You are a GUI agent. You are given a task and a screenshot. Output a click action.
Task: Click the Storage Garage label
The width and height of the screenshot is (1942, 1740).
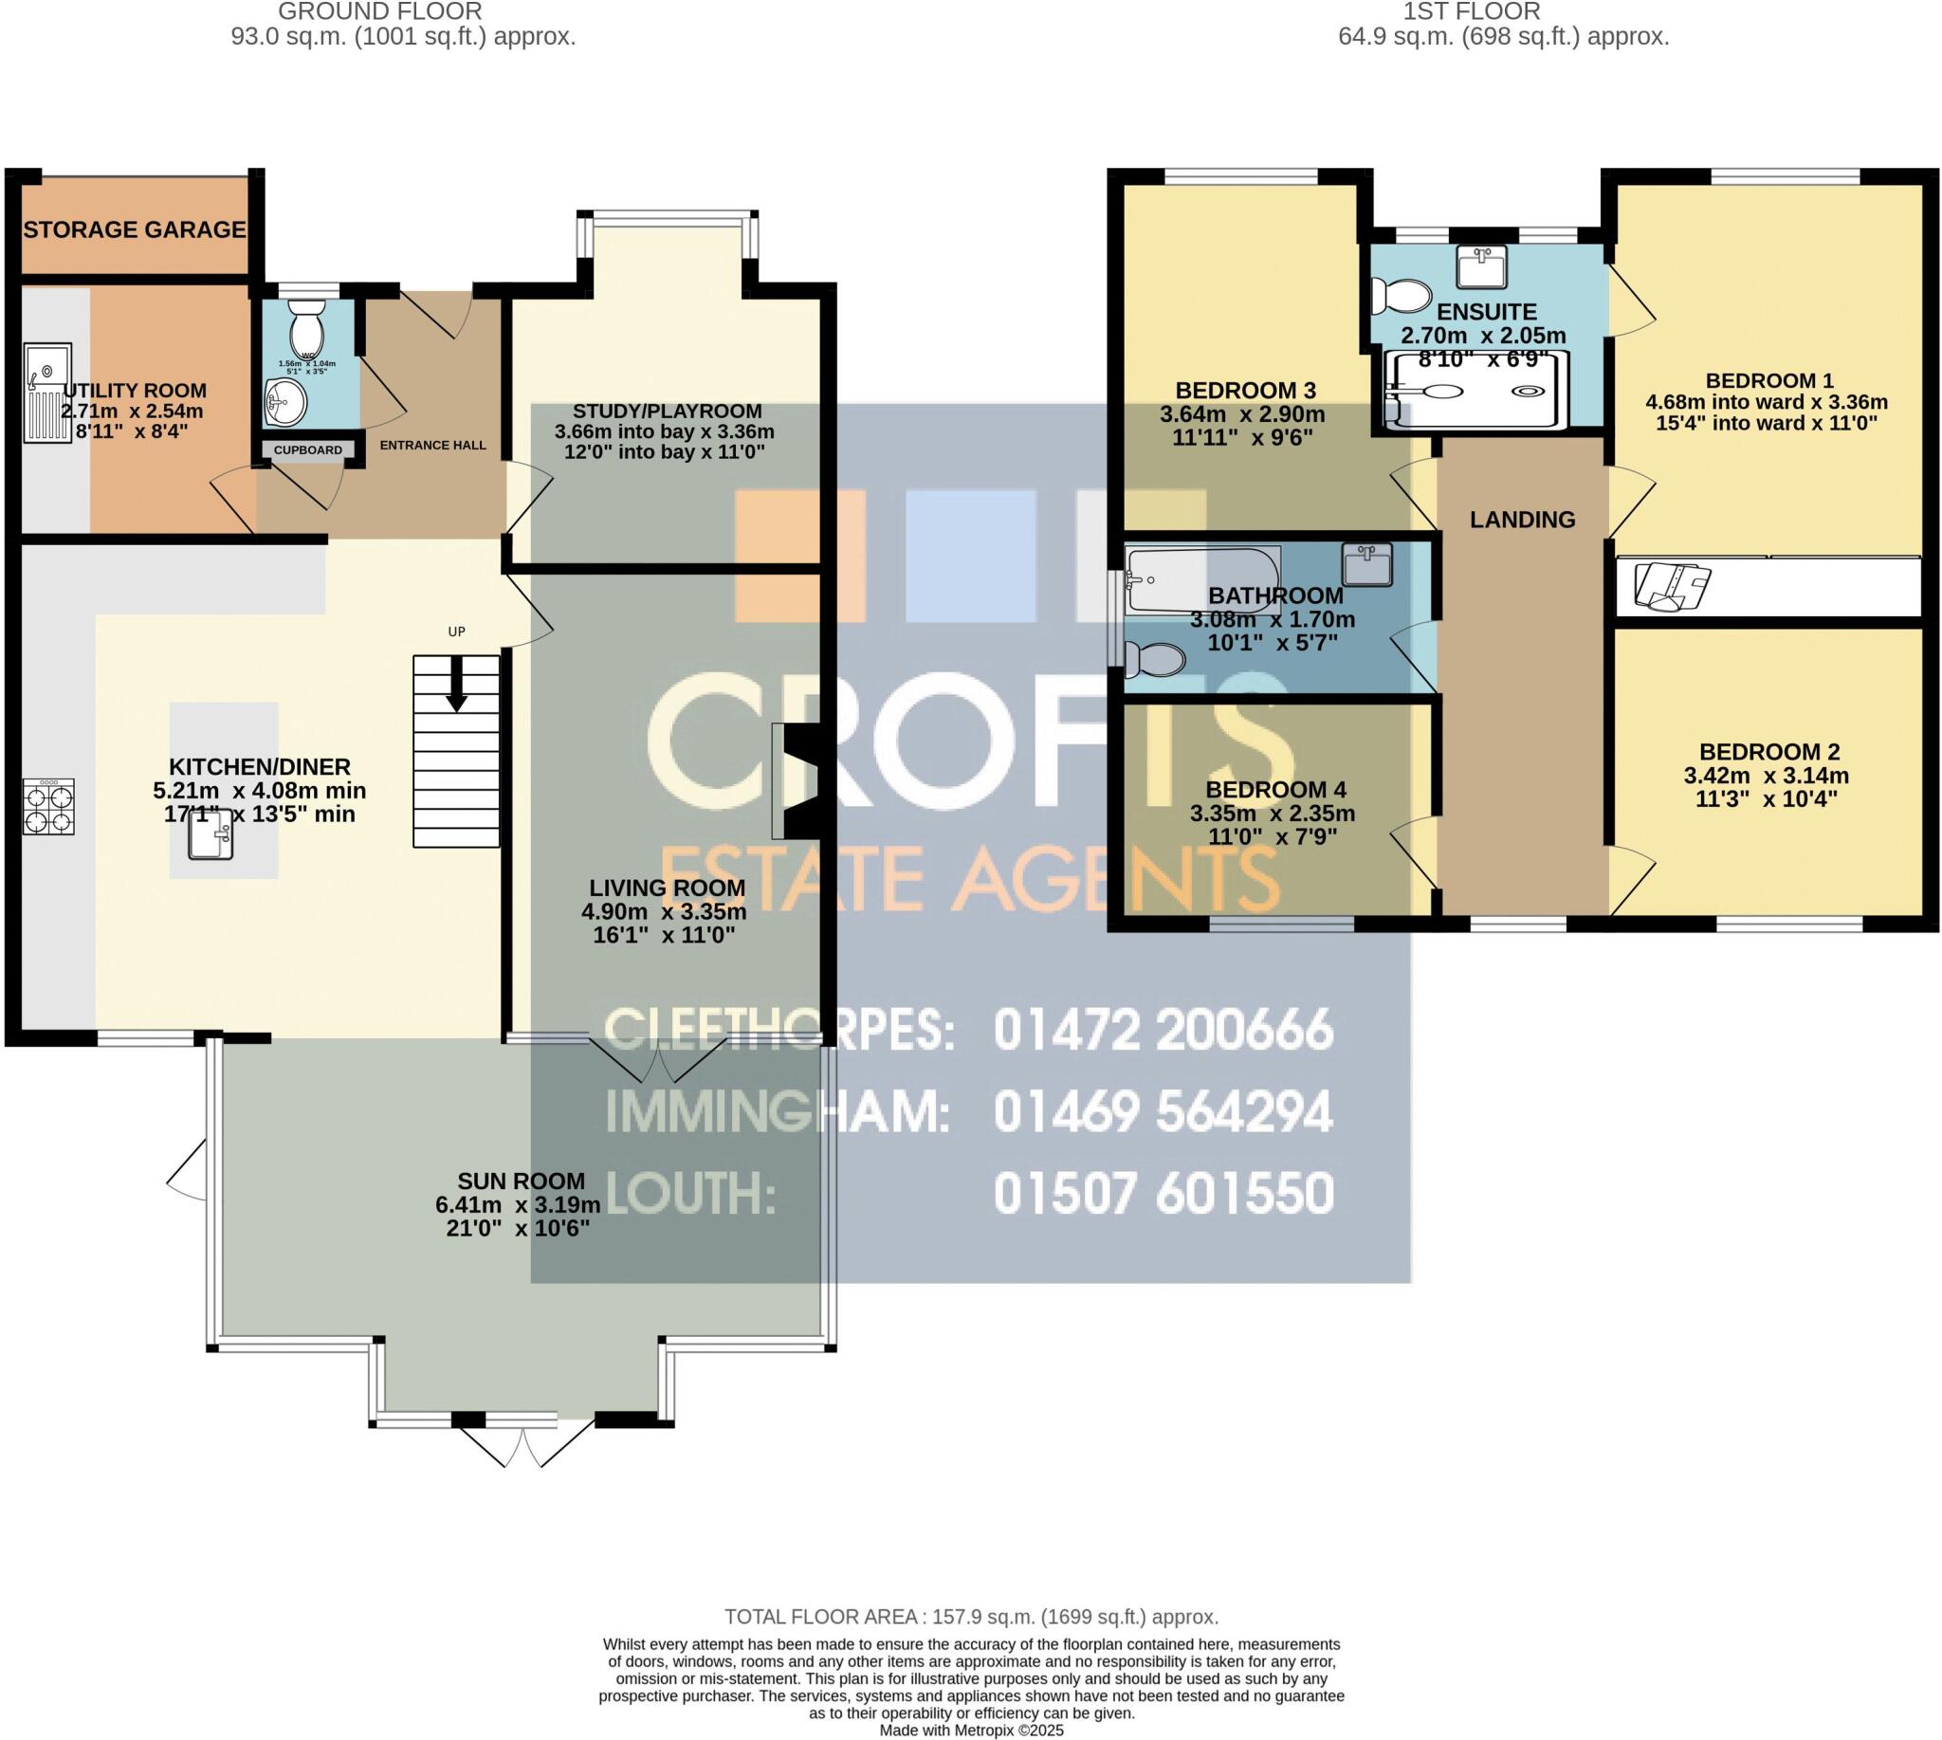(x=135, y=229)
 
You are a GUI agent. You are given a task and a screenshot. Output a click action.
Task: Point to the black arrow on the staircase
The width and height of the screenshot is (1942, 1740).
(x=456, y=685)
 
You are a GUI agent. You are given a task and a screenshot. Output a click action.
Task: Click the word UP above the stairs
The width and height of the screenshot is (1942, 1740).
(x=456, y=631)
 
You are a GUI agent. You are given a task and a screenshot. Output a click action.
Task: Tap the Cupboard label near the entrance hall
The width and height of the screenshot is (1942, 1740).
(x=308, y=449)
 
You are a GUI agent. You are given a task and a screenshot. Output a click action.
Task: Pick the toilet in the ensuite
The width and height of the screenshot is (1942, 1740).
(x=1401, y=296)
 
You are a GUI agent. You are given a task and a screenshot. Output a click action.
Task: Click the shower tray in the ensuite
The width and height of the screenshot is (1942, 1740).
(x=1477, y=390)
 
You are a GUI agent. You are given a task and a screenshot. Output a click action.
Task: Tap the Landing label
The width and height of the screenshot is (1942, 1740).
(x=1522, y=519)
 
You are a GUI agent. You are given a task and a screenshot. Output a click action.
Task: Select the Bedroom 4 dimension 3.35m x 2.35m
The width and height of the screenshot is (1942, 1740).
(x=1272, y=814)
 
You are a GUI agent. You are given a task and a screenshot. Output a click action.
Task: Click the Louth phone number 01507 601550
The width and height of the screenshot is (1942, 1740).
(x=1163, y=1193)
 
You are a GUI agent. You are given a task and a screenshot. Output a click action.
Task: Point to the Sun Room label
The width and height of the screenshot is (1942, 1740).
(x=521, y=1181)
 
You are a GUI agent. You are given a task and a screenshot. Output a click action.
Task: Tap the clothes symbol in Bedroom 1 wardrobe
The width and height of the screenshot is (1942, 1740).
(x=1672, y=586)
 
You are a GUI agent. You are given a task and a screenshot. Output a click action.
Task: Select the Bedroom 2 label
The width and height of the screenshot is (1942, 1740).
(x=1768, y=751)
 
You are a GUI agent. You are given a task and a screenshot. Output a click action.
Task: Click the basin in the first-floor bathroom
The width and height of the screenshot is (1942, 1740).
(x=1366, y=564)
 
